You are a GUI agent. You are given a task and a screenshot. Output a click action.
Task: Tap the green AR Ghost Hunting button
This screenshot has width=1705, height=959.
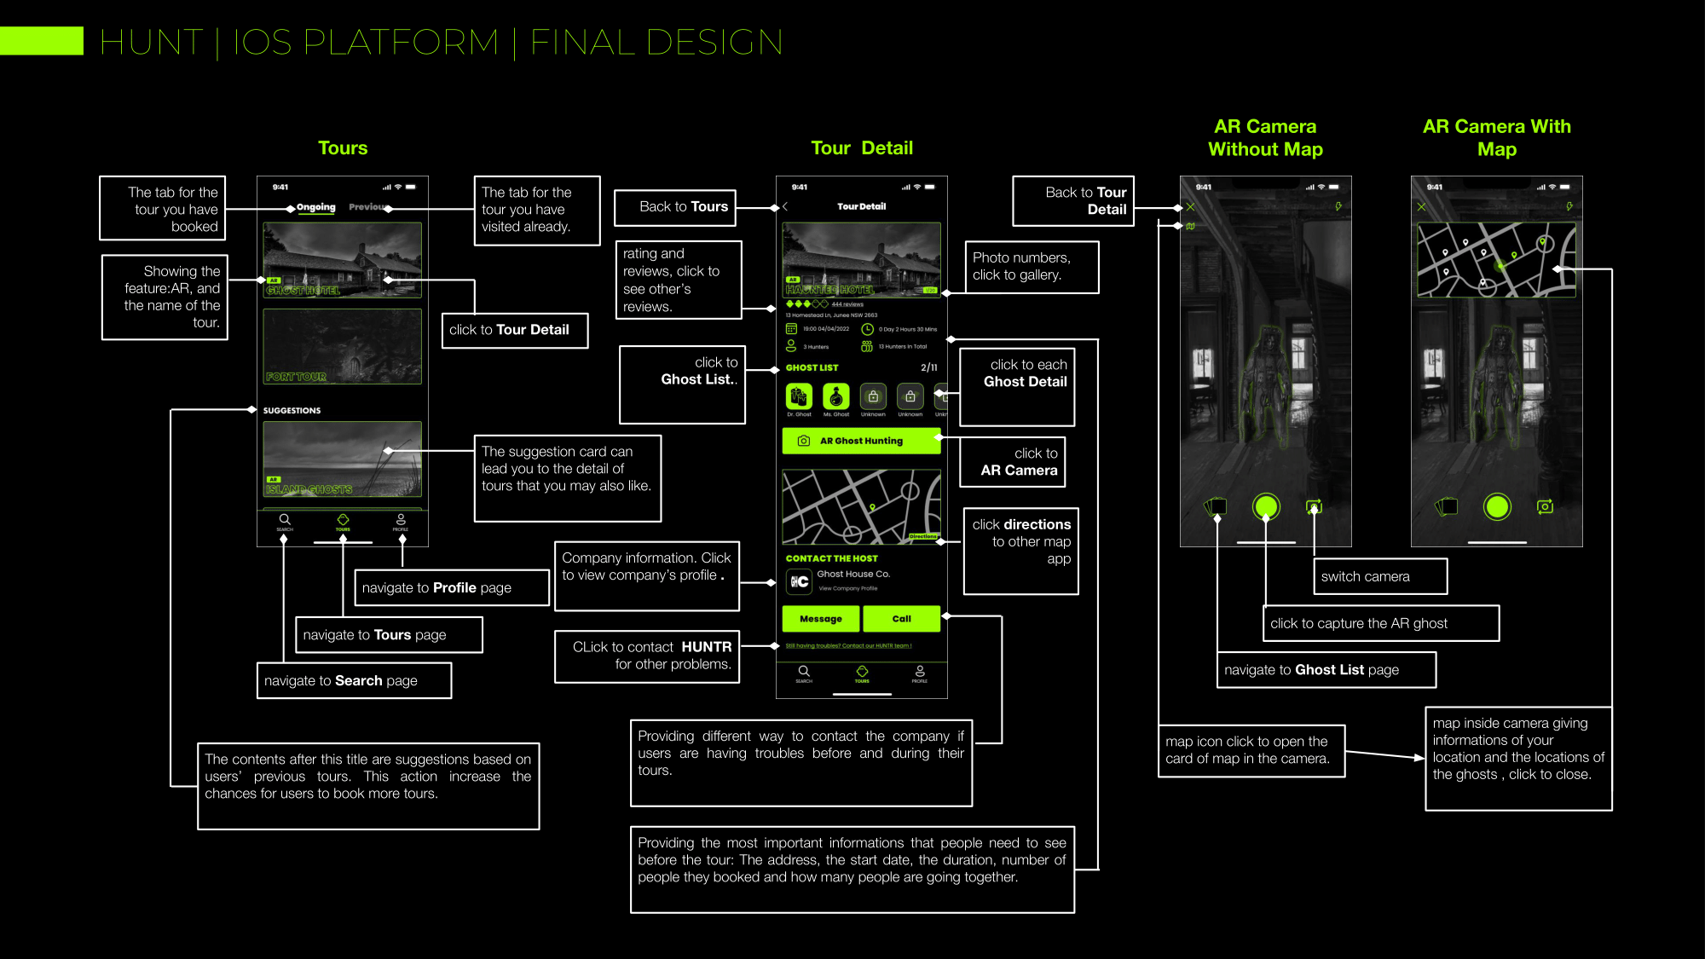(x=861, y=441)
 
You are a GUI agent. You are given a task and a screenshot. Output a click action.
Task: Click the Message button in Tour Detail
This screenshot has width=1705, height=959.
(x=821, y=619)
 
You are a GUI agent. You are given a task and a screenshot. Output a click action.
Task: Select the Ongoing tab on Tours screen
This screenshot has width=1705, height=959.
(x=316, y=207)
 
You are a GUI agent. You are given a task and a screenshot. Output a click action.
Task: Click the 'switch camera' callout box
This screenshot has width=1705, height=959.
(x=1379, y=576)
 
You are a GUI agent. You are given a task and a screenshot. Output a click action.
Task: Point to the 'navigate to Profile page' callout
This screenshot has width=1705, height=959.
(x=451, y=587)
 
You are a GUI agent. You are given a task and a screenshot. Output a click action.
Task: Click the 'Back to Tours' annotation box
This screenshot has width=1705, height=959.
(x=675, y=207)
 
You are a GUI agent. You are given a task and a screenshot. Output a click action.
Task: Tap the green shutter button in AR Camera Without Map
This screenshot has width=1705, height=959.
(x=1266, y=507)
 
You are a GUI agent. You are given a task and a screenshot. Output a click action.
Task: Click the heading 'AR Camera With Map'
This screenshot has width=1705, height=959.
(x=1496, y=138)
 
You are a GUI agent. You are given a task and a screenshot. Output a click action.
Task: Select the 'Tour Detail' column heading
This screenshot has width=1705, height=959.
(x=861, y=148)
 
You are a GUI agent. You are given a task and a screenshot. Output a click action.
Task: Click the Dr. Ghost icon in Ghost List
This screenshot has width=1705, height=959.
(x=799, y=396)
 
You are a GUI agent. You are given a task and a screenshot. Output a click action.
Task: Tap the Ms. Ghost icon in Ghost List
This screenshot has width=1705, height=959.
(x=836, y=396)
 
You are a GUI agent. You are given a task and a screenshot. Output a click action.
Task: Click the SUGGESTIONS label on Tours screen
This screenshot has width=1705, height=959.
(x=292, y=411)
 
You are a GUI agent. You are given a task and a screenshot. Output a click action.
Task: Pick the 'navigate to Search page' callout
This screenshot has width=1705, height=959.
(x=354, y=680)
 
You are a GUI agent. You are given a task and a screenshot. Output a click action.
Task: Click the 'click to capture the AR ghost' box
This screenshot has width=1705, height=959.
(x=1379, y=623)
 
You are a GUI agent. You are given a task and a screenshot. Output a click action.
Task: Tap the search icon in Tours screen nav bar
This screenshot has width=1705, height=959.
(x=285, y=519)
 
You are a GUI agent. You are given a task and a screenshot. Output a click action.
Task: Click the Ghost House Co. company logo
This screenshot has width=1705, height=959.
(x=799, y=581)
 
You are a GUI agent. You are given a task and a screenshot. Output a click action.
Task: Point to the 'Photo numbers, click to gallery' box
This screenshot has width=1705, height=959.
(x=1032, y=267)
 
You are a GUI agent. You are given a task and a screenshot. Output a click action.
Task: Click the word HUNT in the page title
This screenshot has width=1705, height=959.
(x=152, y=43)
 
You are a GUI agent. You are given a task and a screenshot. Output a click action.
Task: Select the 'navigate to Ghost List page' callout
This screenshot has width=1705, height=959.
(x=1326, y=670)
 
